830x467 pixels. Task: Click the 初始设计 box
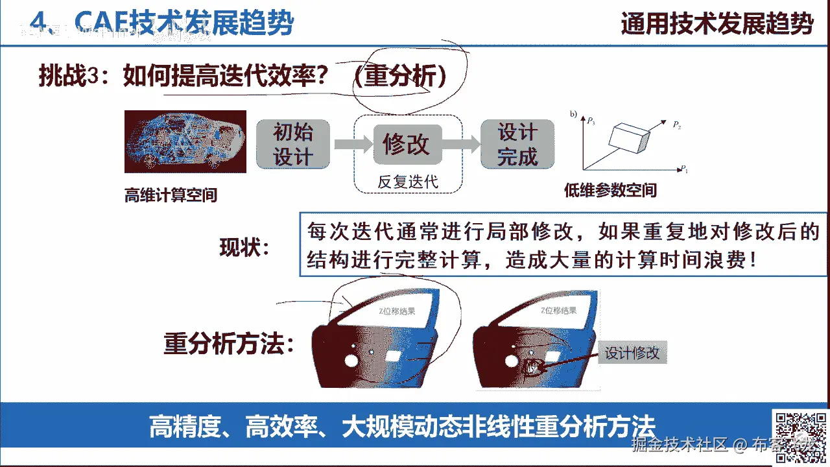[x=293, y=145]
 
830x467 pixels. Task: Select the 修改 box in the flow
[x=407, y=144]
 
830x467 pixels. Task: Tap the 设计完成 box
[x=517, y=145]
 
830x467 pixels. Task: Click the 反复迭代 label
[x=408, y=182]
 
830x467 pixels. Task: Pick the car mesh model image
[x=185, y=142]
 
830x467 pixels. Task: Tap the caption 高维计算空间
[x=171, y=195]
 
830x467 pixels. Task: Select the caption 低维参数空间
[x=610, y=190]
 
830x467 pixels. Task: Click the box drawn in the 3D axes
[x=629, y=138]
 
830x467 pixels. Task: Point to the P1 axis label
[x=683, y=169]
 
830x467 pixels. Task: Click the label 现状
[x=243, y=247]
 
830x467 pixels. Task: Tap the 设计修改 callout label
[x=632, y=353]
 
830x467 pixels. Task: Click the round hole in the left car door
[x=352, y=360]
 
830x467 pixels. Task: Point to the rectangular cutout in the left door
[x=394, y=355]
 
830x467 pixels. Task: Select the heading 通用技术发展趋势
[x=717, y=24]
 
